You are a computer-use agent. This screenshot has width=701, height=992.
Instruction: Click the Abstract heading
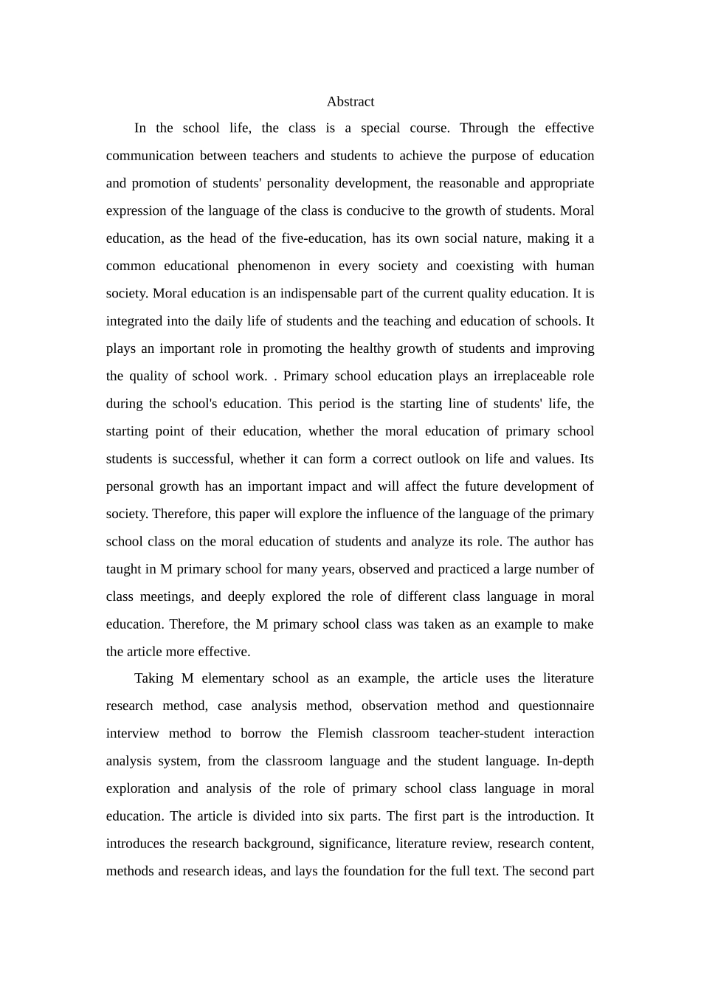pos(350,102)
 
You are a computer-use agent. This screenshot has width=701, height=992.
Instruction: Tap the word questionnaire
pos(556,706)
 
